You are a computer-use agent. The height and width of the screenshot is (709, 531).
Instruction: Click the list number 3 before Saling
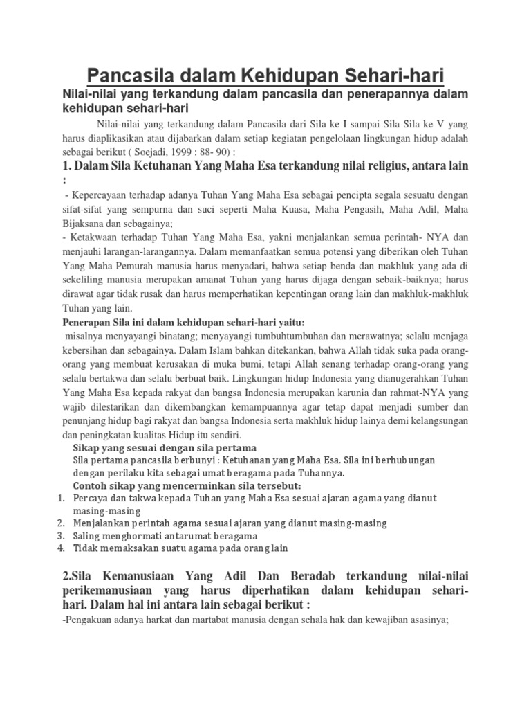click(x=60, y=536)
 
